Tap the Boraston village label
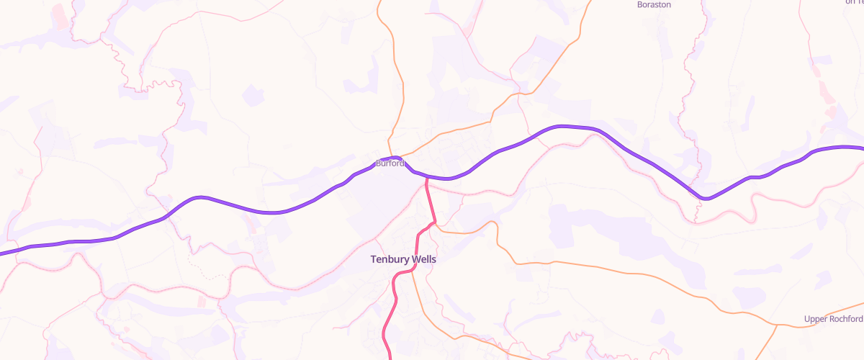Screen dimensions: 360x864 pyautogui.click(x=654, y=4)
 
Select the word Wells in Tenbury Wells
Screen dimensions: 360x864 pyautogui.click(x=423, y=259)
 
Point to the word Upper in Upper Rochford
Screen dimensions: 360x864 pyautogui.click(x=817, y=319)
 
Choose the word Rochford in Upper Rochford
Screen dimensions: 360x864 pyautogui.click(x=847, y=319)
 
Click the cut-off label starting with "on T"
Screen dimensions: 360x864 pyautogui.click(x=855, y=2)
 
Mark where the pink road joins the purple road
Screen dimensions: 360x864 pyautogui.click(x=426, y=177)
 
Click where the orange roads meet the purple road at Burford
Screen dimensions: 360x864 pyautogui.click(x=397, y=157)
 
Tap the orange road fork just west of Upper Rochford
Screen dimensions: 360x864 pyautogui.click(x=777, y=325)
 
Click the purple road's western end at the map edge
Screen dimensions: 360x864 pyautogui.click(x=2, y=253)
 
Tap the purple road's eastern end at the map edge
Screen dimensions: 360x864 pyautogui.click(x=861, y=148)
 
